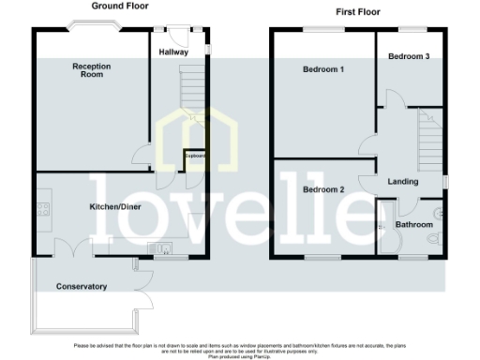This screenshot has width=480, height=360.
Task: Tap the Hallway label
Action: pos(174,52)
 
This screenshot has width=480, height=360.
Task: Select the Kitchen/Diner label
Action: pos(115,205)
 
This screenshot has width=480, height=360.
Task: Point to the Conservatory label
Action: pos(81,286)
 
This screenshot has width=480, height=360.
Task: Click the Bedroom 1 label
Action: pos(323,70)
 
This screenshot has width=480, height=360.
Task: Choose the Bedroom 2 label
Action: pos(323,189)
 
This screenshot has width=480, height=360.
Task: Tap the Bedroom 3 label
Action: pos(409,56)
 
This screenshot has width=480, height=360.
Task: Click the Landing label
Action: pos(402,182)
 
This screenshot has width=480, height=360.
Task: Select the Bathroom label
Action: pos(413,225)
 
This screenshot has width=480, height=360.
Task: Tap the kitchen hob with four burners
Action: pos(43,210)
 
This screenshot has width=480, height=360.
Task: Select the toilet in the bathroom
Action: pos(433,240)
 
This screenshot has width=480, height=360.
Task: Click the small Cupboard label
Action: pos(195,156)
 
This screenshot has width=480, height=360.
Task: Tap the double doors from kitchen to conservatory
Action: pos(72,247)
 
